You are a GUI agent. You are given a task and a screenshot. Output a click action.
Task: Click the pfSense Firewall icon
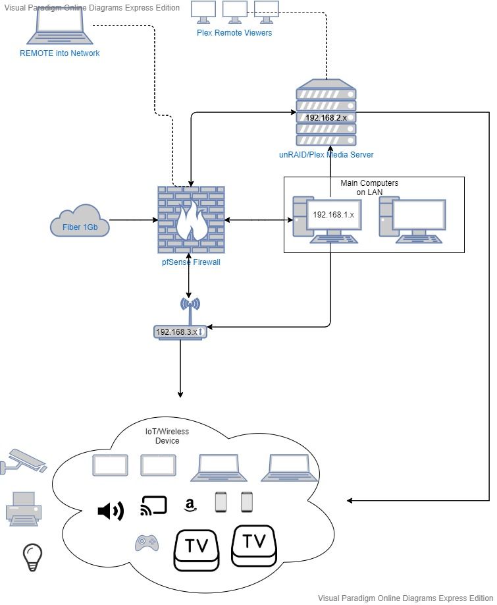[190, 219]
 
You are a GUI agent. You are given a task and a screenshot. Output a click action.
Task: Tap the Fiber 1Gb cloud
[80, 223]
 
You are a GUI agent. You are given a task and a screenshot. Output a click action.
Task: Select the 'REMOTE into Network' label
[60, 53]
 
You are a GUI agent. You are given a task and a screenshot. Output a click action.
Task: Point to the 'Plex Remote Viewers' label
[234, 32]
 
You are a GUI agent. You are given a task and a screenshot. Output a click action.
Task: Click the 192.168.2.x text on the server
[326, 117]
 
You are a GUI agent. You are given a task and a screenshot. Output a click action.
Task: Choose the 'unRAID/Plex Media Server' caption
[326, 155]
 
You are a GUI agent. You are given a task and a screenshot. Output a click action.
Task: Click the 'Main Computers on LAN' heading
[369, 187]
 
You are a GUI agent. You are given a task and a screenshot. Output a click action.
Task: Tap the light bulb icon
[31, 557]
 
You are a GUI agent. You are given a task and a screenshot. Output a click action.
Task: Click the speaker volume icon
[110, 510]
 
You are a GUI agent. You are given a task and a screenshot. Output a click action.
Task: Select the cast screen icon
[154, 506]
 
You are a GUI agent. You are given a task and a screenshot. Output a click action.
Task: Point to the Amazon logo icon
[190, 505]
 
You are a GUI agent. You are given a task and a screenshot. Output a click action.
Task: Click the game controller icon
[146, 542]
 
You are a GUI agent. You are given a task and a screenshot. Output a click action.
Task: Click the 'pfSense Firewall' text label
[190, 262]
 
